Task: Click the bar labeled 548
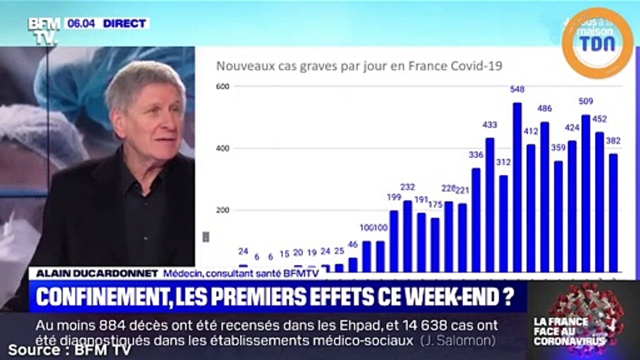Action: click(517, 187)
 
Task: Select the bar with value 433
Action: click(490, 205)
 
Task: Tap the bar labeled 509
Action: click(585, 193)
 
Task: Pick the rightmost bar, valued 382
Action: click(613, 213)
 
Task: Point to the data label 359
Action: click(558, 148)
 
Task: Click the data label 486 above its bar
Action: click(544, 108)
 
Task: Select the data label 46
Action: click(353, 244)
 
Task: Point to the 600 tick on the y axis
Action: click(222, 86)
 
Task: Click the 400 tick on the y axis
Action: click(222, 148)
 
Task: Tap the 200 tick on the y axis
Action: click(222, 210)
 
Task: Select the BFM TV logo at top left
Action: click(43, 30)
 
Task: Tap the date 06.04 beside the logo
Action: click(81, 23)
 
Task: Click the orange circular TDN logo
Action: click(597, 43)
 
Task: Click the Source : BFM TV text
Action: click(69, 350)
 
